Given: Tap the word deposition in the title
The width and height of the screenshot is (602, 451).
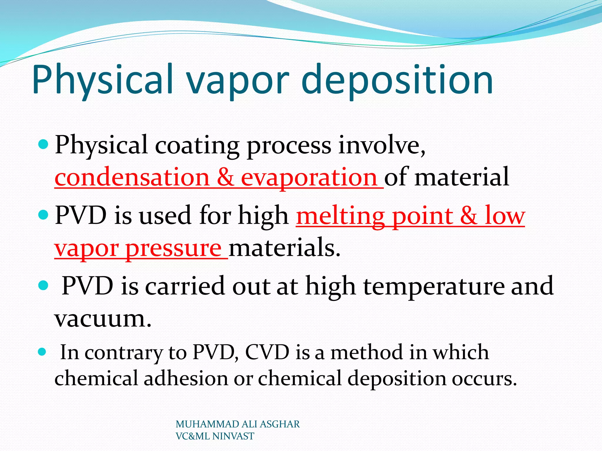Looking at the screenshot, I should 397,80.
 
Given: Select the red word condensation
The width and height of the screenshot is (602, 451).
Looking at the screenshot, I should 132,178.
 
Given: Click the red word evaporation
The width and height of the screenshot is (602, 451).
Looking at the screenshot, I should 309,178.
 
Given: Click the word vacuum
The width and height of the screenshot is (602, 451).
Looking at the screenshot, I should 103,319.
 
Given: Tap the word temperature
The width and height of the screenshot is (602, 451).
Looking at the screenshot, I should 434,286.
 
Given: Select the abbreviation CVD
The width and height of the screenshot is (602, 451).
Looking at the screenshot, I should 267,352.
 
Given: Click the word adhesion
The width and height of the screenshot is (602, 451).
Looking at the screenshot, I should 186,378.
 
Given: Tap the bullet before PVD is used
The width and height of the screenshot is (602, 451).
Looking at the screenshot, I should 43,215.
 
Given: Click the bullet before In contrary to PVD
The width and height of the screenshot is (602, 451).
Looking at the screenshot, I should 42,352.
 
